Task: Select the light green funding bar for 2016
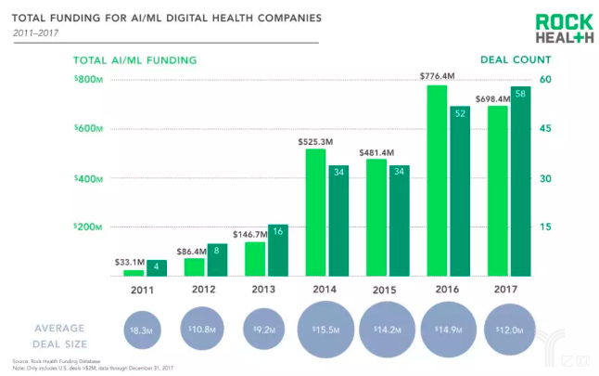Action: click(x=436, y=181)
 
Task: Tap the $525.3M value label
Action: click(x=315, y=140)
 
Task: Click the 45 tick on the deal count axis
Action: click(x=545, y=129)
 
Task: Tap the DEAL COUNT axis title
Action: click(x=510, y=60)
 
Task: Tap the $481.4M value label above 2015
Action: click(x=376, y=151)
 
